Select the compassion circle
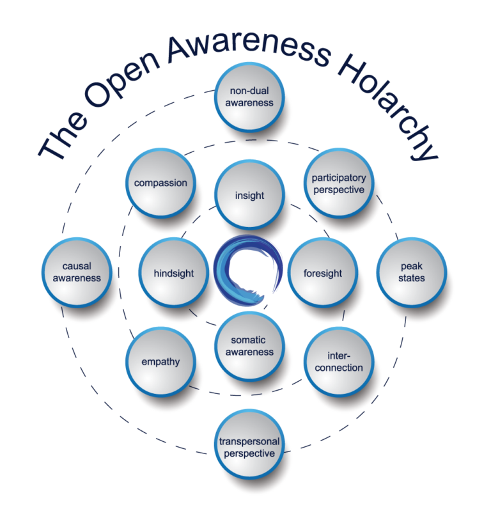click(x=160, y=183)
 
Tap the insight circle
click(x=249, y=194)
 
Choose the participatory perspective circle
click(x=338, y=184)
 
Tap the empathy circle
click(x=160, y=361)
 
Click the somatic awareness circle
click(x=249, y=346)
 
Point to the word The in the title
click(x=57, y=145)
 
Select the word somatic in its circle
click(x=249, y=340)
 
